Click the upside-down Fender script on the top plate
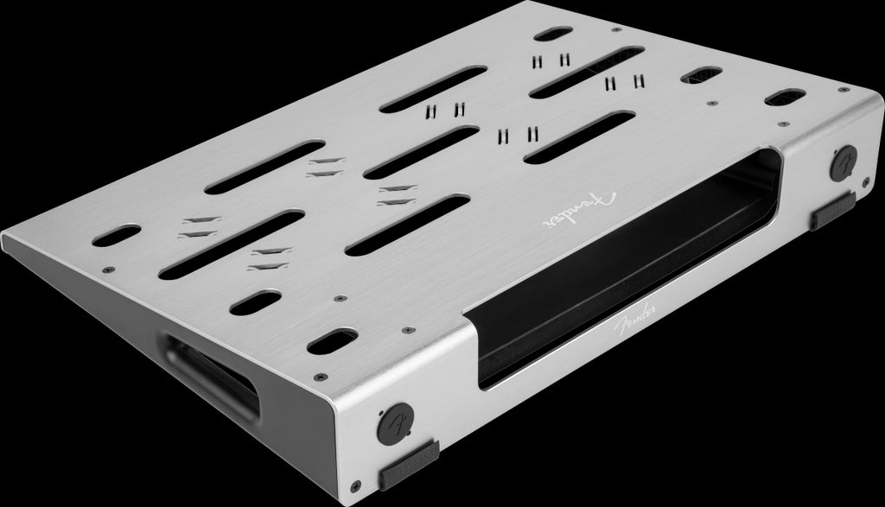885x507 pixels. point(580,210)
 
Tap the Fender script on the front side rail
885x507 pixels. point(635,320)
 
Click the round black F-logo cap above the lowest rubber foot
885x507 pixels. point(396,423)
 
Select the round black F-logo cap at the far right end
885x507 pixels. point(844,162)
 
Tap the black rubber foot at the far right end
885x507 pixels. point(833,211)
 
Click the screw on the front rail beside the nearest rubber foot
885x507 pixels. point(355,485)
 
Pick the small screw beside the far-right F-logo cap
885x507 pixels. point(866,181)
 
